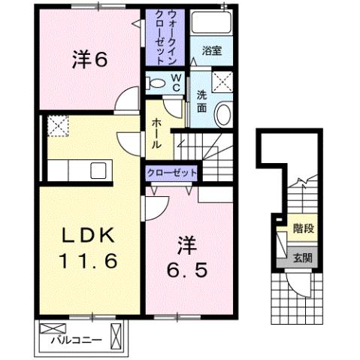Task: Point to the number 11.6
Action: coord(89,263)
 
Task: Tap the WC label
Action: coord(174,81)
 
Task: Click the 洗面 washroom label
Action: coord(201,101)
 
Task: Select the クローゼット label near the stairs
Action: coord(172,173)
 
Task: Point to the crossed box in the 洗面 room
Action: coord(222,80)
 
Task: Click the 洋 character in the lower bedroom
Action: coord(185,244)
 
